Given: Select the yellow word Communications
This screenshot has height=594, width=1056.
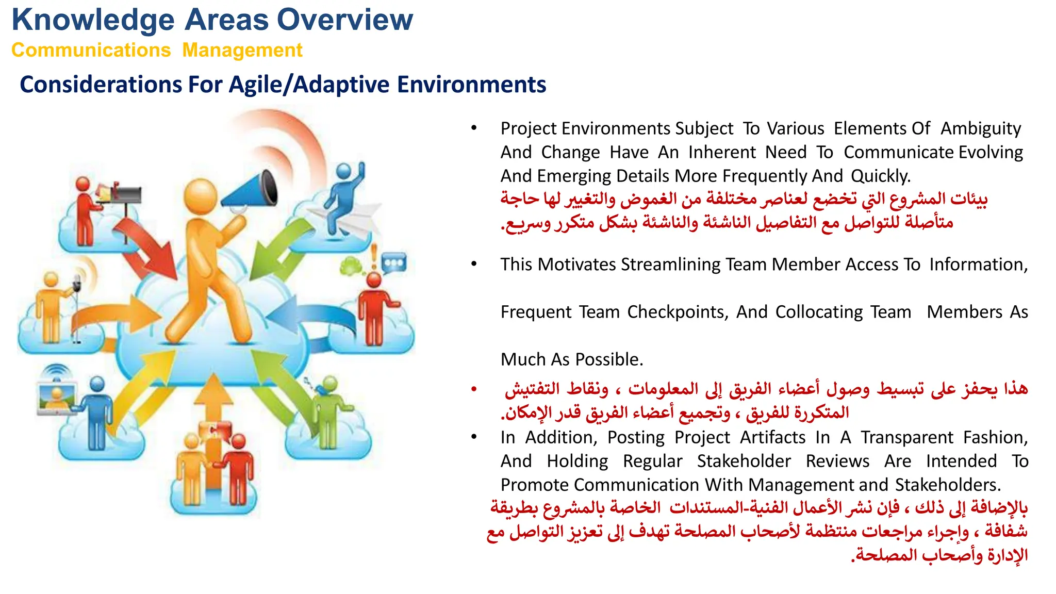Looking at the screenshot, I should (91, 51).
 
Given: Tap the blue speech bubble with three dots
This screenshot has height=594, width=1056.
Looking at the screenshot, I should (394, 263).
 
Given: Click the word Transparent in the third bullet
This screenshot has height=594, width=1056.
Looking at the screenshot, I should (907, 437).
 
